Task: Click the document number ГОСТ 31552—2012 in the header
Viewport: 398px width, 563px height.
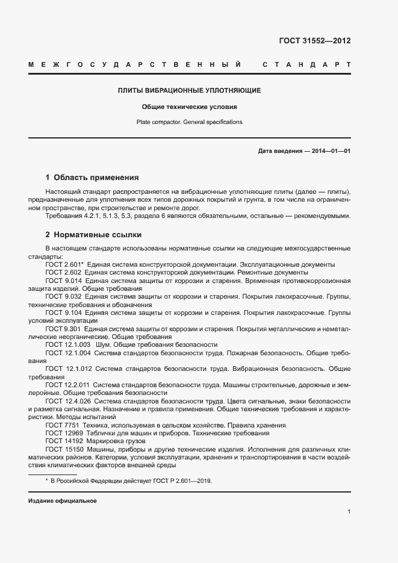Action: tap(314, 41)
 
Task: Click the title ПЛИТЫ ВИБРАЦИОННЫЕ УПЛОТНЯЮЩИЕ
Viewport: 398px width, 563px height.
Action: tap(189, 90)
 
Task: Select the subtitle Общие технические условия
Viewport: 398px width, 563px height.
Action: tap(189, 107)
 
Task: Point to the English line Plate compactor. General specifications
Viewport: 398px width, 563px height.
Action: tap(189, 122)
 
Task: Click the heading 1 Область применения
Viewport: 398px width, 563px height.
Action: tap(92, 178)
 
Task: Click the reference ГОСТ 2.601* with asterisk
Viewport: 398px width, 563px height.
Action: tap(64, 265)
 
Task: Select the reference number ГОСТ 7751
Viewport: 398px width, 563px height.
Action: tap(60, 425)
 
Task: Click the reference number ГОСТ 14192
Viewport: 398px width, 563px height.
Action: tap(62, 441)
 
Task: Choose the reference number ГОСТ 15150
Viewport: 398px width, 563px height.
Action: tap(62, 449)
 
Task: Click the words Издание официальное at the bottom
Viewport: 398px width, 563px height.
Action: tap(62, 501)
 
